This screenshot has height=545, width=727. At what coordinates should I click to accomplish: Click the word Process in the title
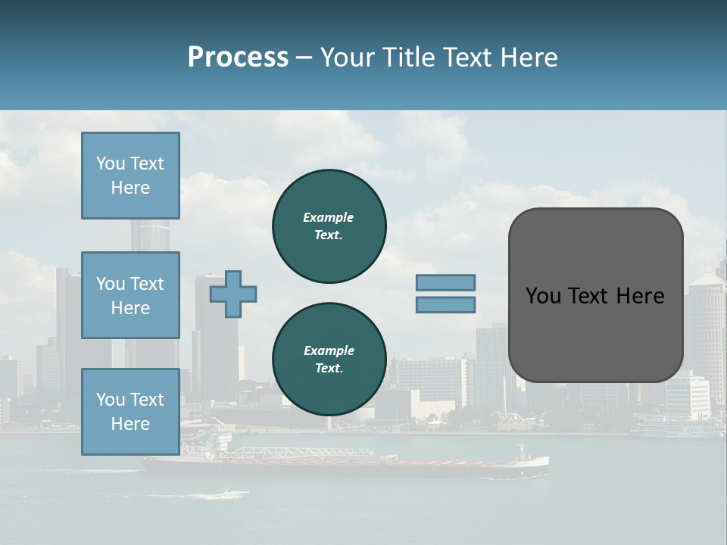[x=238, y=58]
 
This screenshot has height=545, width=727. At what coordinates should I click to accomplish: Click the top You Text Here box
[x=130, y=176]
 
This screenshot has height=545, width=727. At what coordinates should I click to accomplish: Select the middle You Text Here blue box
[x=130, y=295]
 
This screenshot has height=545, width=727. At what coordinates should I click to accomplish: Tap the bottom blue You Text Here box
[x=130, y=412]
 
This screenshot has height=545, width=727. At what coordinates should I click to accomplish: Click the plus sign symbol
[x=233, y=294]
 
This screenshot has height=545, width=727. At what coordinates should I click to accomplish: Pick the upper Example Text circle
[x=329, y=226]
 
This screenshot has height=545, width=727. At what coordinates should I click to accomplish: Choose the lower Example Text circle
[x=329, y=360]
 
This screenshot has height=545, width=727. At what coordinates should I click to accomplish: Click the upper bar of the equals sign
[x=445, y=282]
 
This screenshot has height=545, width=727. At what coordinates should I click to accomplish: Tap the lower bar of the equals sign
[x=445, y=305]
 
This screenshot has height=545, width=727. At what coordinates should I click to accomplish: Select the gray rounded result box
[x=595, y=295]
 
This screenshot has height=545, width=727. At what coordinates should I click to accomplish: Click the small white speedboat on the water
[x=226, y=494]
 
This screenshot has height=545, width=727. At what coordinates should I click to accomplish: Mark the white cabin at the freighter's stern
[x=530, y=458]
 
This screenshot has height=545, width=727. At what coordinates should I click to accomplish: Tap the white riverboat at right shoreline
[x=678, y=426]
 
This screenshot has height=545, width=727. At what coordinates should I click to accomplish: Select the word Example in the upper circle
[x=329, y=217]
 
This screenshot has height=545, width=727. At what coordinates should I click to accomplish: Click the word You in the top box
[x=110, y=163]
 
